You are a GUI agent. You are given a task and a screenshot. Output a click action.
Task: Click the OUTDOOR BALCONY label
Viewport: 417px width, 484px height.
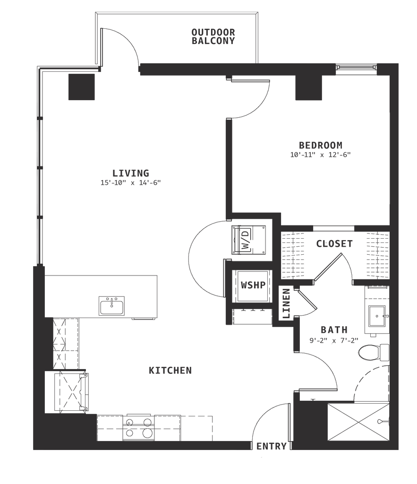(x=213, y=37)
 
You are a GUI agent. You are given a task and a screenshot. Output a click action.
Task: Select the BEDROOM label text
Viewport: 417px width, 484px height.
(x=320, y=145)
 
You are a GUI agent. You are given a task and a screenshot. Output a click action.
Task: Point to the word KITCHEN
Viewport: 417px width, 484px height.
(x=171, y=371)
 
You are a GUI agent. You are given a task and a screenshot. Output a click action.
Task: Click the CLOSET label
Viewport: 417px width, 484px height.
(x=334, y=244)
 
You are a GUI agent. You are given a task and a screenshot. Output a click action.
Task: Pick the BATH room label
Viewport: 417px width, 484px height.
(x=334, y=329)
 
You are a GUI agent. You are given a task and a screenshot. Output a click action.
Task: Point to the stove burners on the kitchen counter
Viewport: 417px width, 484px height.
(x=138, y=427)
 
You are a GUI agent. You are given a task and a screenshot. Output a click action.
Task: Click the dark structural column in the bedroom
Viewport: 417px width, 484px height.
(x=308, y=88)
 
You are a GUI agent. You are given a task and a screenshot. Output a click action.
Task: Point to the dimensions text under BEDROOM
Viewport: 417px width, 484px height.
(x=320, y=155)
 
